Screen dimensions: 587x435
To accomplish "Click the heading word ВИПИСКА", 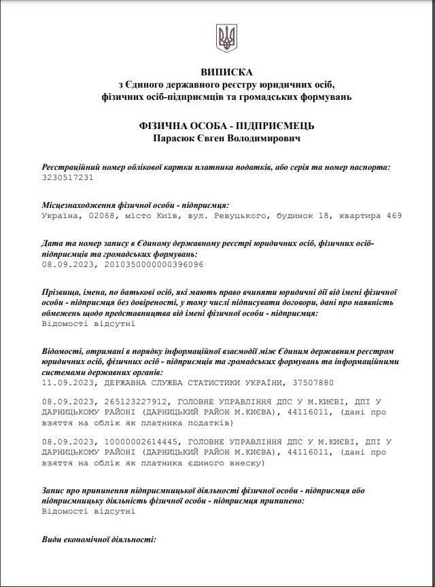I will (226, 72).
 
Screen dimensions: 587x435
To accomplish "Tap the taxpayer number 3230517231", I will (67, 177).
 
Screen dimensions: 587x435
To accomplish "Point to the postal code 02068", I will (101, 215).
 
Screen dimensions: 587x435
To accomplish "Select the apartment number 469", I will (394, 215).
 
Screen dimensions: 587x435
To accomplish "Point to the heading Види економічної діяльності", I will (99, 539).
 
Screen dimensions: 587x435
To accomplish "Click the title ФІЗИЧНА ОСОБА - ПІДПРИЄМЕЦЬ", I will (226, 126).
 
